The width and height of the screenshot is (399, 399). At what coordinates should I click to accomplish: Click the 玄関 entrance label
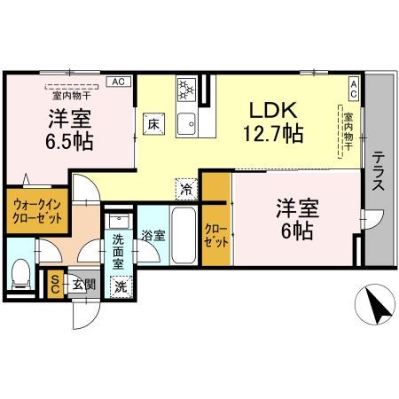[83, 283]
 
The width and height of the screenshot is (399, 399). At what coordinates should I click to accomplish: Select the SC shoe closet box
[55, 283]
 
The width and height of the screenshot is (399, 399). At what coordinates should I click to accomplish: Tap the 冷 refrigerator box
[187, 188]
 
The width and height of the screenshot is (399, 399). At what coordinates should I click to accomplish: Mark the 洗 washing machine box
[121, 286]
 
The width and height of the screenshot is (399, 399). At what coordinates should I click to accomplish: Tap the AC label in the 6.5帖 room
[116, 82]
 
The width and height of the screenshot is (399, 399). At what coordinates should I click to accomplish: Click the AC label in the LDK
[353, 86]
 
